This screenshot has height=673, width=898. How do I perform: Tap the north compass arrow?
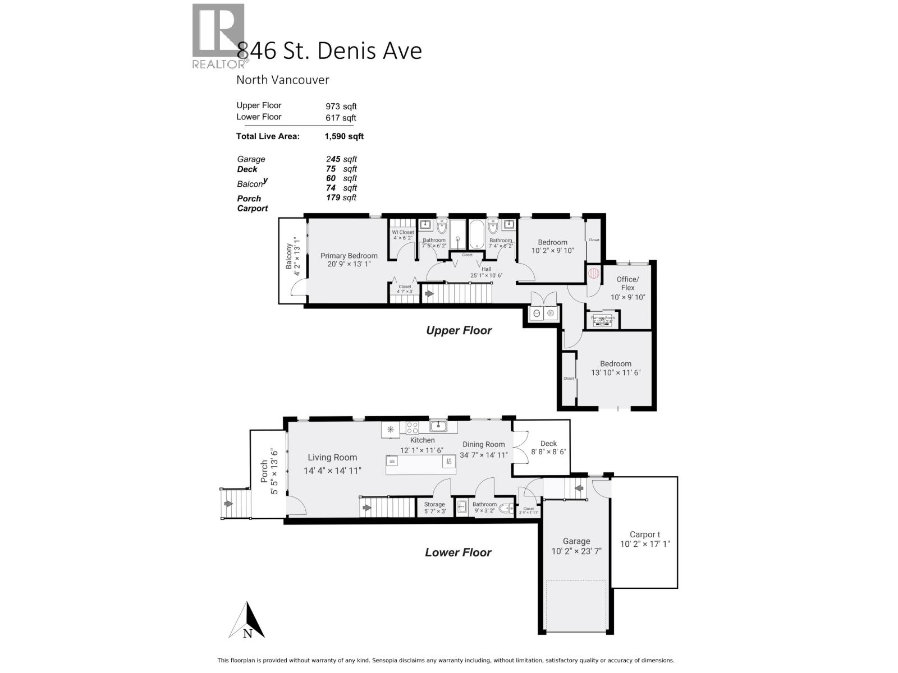click(x=247, y=620)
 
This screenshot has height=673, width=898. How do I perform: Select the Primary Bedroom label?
click(x=349, y=256)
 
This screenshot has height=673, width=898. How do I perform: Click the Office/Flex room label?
click(x=627, y=283)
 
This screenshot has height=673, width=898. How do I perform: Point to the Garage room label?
click(x=576, y=541)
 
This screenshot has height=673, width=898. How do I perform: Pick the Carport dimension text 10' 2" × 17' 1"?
click(x=645, y=544)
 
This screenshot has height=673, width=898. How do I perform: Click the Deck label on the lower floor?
click(x=548, y=444)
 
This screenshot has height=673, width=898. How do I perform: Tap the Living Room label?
click(x=332, y=457)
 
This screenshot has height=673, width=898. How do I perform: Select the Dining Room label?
click(x=484, y=444)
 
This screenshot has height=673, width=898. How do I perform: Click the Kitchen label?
click(x=422, y=440)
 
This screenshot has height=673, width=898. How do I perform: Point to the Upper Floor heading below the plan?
click(x=459, y=330)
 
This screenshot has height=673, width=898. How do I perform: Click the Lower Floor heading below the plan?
click(x=458, y=552)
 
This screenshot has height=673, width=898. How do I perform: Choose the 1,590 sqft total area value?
click(x=344, y=136)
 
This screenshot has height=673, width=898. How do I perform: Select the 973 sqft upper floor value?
click(x=341, y=106)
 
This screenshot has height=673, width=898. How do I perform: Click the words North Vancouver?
click(x=282, y=80)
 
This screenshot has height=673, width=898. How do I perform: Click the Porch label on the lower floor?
click(x=264, y=472)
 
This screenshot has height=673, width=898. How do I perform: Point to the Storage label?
click(x=434, y=504)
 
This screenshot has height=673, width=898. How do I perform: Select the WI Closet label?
click(x=403, y=232)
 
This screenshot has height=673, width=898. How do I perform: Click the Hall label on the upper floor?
click(x=486, y=269)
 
